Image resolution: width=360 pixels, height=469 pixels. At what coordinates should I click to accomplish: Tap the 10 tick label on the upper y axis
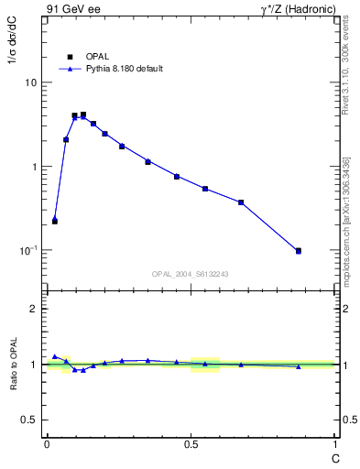[30, 82]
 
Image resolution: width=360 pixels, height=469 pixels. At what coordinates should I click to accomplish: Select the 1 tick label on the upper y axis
[34, 167]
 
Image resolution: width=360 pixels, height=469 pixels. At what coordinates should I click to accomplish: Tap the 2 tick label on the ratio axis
[34, 309]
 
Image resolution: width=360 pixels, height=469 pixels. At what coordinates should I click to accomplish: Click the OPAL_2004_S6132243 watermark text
[191, 274]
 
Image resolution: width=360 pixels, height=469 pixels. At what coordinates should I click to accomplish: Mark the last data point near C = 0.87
[298, 250]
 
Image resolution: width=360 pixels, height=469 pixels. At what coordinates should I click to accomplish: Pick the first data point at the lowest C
[55, 221]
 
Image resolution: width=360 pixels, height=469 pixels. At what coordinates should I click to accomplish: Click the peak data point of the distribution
[83, 115]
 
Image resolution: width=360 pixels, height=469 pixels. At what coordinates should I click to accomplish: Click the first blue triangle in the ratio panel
[55, 356]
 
